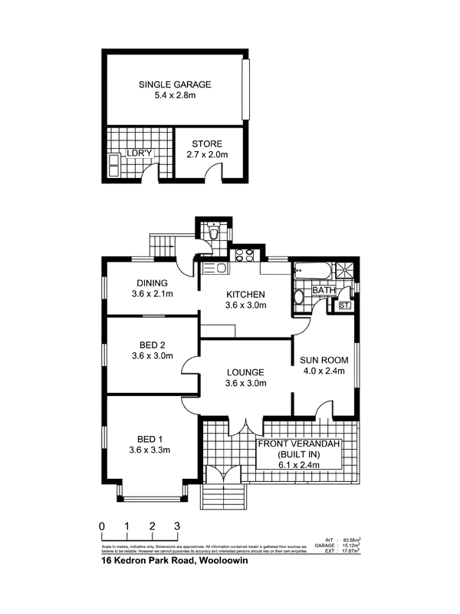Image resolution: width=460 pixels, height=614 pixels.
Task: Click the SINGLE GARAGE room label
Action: pos(175,84)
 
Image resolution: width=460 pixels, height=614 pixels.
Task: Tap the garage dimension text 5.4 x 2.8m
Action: pos(175,95)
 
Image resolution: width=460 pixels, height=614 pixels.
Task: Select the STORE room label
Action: pos(207,144)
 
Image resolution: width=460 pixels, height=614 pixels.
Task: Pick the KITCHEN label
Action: pos(246,294)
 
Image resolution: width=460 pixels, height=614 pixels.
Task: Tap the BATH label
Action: pos(322,290)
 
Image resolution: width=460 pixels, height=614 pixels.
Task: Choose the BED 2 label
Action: pos(153,345)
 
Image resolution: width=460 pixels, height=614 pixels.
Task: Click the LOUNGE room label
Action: pos(245,372)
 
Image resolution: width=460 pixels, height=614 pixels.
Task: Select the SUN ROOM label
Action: pos(324,360)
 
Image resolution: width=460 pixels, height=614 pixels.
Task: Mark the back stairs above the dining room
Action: pos(162,246)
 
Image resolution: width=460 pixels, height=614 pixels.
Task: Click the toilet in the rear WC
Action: pos(212,235)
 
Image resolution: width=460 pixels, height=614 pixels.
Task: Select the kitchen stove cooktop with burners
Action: pos(245,255)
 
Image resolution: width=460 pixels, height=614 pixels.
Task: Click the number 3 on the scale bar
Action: pos(178,527)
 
